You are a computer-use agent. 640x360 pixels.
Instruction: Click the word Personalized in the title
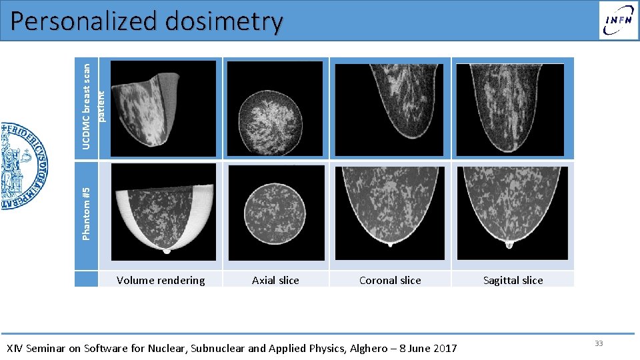[x=84, y=22]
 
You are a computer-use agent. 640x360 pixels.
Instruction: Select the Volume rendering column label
[x=161, y=280]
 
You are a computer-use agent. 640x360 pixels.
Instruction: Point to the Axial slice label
[x=275, y=280]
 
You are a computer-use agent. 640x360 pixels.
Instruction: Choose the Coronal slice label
[x=390, y=280]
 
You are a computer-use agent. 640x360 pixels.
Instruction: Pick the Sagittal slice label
[x=513, y=280]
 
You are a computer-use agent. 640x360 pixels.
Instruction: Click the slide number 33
[x=599, y=343]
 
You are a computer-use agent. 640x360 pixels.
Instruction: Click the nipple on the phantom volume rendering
[x=167, y=251]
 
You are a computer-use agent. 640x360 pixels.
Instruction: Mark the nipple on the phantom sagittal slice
[x=510, y=244]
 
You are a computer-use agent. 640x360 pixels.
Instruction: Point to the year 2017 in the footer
[x=444, y=348]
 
